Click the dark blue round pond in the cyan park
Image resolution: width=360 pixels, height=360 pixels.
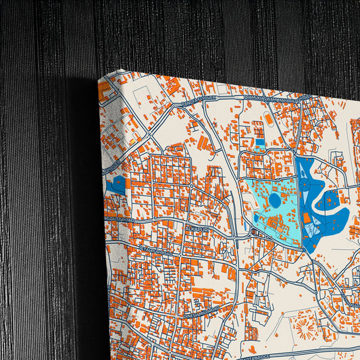tap(274, 200)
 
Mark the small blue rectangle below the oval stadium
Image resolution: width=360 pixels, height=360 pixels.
tap(260, 143)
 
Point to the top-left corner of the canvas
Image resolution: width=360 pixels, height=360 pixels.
tap(99, 78)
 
